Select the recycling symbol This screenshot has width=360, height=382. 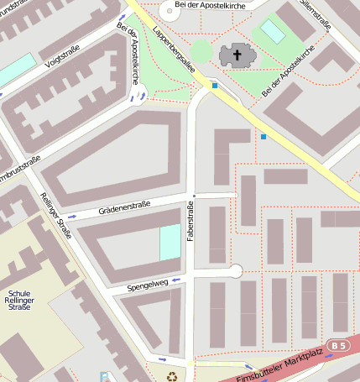coord(172,377)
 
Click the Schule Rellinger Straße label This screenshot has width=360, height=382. coord(18,300)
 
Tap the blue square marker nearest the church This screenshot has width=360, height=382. coord(215,86)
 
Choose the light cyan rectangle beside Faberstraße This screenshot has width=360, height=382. coord(170,243)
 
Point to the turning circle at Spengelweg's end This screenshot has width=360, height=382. coord(237,270)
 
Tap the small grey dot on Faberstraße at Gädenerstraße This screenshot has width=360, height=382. coord(194,195)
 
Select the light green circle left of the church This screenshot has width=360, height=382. coord(201,51)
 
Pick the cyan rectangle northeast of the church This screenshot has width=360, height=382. coord(273,32)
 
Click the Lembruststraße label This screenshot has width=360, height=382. coord(18,168)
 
